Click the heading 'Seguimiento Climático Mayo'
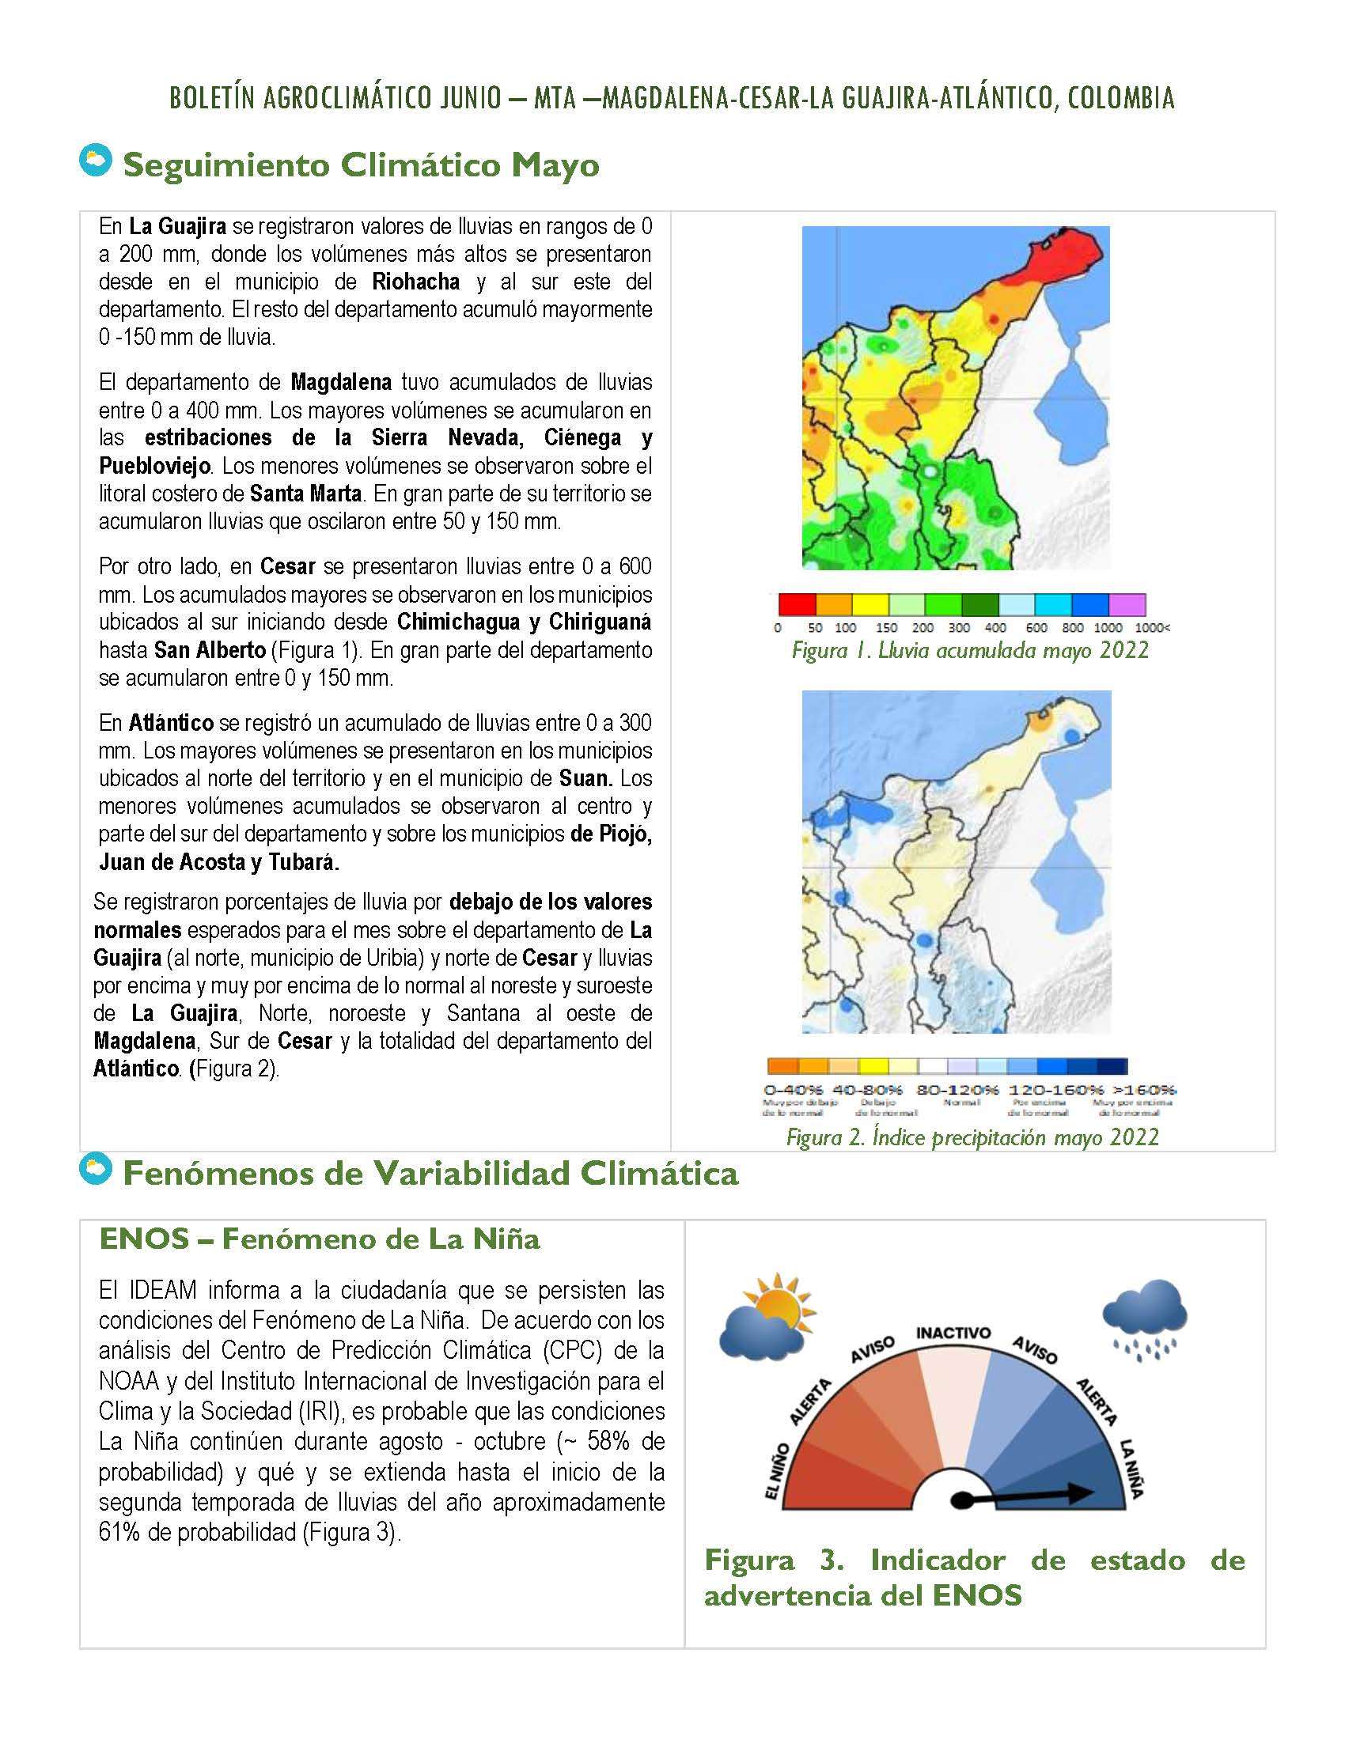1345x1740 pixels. coord(360,165)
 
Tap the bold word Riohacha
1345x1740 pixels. coord(415,282)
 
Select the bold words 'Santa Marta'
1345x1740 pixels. coord(306,494)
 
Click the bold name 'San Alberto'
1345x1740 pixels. coord(210,650)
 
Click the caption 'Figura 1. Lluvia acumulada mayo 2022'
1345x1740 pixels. coord(970,651)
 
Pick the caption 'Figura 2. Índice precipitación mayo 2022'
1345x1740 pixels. coord(972,1137)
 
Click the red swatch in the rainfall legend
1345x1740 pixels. coord(796,604)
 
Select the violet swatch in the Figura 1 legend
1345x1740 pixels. coord(1127,604)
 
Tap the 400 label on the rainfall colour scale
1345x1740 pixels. coord(995,628)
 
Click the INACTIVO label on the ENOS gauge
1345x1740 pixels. coord(954,1333)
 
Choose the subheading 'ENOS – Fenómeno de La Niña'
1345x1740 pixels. coord(320,1239)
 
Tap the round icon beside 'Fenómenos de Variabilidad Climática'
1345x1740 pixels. coord(95,1168)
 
